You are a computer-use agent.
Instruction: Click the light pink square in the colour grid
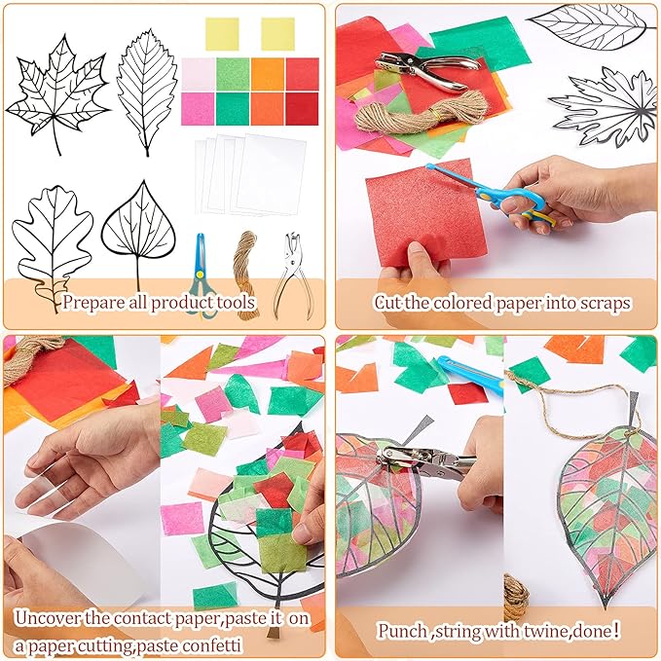[198, 74]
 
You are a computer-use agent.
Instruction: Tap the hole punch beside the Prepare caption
[291, 273]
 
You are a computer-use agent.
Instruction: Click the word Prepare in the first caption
[94, 302]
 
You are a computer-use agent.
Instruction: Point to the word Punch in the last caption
[402, 631]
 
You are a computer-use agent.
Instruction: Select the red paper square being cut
[419, 214]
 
